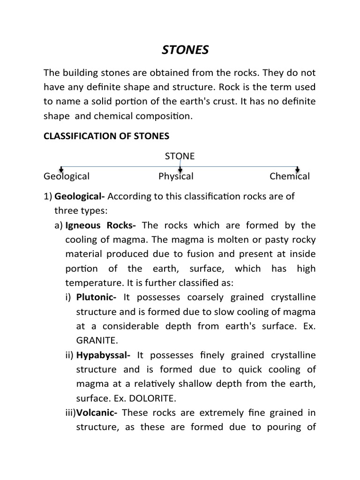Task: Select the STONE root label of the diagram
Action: click(x=180, y=157)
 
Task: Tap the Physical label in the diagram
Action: click(x=176, y=177)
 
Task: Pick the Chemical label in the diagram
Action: click(x=289, y=177)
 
